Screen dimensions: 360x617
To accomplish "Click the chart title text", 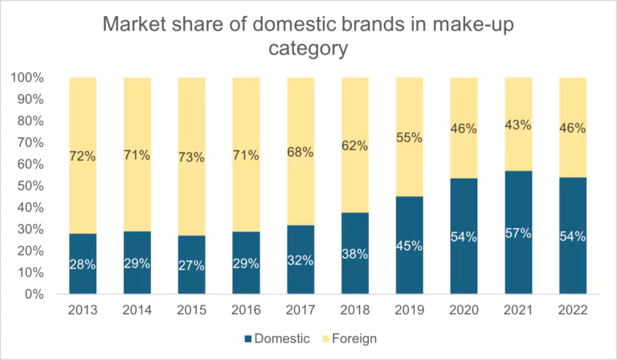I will [x=308, y=36].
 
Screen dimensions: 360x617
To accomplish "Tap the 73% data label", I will [x=191, y=157].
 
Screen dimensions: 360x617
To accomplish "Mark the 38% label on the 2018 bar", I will [x=354, y=253].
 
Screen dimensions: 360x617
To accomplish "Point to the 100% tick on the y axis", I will [x=28, y=78].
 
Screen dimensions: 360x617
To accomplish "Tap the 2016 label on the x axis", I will [x=246, y=311].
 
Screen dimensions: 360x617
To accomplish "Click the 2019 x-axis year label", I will [x=409, y=311].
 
